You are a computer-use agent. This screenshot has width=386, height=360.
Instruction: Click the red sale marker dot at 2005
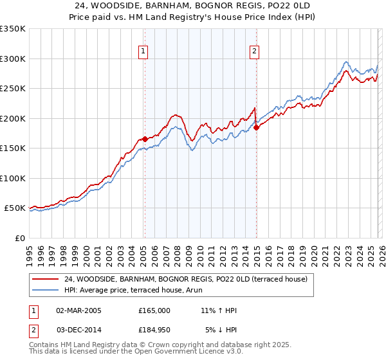(145, 138)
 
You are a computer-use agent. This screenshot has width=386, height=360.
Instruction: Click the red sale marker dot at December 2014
(256, 127)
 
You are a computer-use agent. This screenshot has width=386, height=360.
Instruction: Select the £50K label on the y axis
(15, 208)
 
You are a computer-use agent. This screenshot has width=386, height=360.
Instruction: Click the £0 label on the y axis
(19, 238)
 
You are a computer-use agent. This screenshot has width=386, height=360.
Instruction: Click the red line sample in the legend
(46, 279)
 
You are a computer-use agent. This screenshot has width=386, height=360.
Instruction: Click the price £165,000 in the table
(154, 310)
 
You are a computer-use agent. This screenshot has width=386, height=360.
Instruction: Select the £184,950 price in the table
(154, 330)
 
